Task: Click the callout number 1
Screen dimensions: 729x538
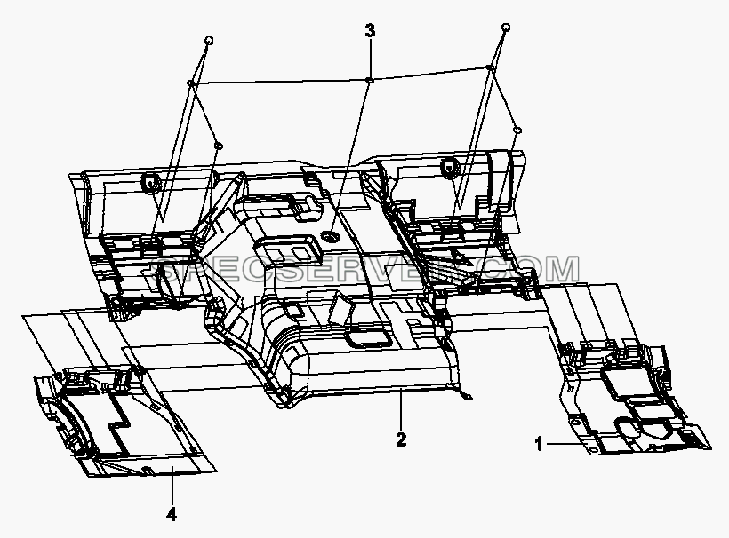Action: click(539, 444)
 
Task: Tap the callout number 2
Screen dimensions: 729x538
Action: click(401, 439)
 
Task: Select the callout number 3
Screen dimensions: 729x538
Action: click(370, 31)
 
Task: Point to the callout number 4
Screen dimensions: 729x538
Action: click(172, 514)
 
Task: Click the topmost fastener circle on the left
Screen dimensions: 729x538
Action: click(209, 40)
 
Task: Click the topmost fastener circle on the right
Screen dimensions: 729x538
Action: click(506, 28)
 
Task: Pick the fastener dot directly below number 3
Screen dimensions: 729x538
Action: click(370, 81)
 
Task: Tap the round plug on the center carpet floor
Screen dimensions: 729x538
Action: click(331, 239)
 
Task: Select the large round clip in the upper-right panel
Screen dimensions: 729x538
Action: click(449, 166)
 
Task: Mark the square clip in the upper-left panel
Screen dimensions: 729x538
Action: click(150, 181)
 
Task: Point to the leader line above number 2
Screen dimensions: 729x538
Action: click(401, 408)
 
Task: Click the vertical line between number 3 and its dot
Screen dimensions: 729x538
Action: click(370, 59)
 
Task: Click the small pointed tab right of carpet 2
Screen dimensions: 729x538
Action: click(465, 395)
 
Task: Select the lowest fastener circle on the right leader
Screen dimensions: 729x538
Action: click(518, 130)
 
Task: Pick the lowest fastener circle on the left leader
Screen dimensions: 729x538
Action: click(219, 146)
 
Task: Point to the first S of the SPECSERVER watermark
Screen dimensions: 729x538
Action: click(165, 271)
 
